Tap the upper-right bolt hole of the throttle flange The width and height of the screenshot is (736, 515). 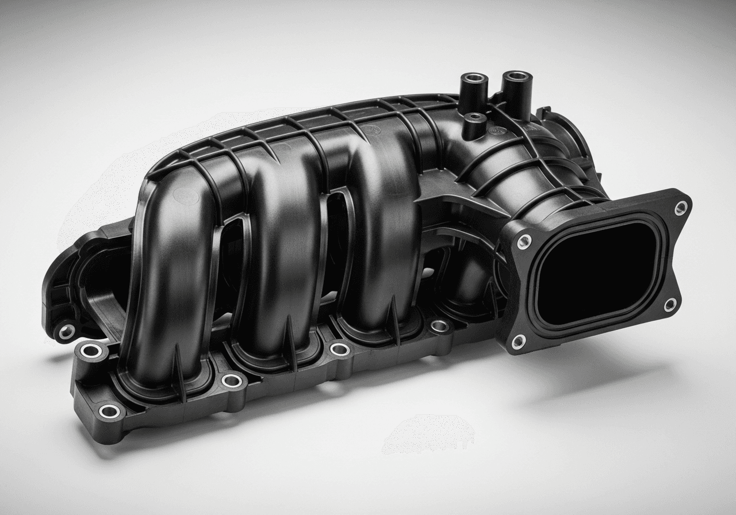pos(681,207)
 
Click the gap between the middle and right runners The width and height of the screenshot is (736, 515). pos(336,241)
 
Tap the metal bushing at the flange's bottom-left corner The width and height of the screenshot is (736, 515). pos(109,411)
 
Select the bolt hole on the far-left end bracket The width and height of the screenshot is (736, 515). pos(67,331)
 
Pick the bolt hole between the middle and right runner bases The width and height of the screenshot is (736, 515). pos(339,349)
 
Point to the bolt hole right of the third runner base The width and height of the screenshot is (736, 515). pos(439,326)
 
